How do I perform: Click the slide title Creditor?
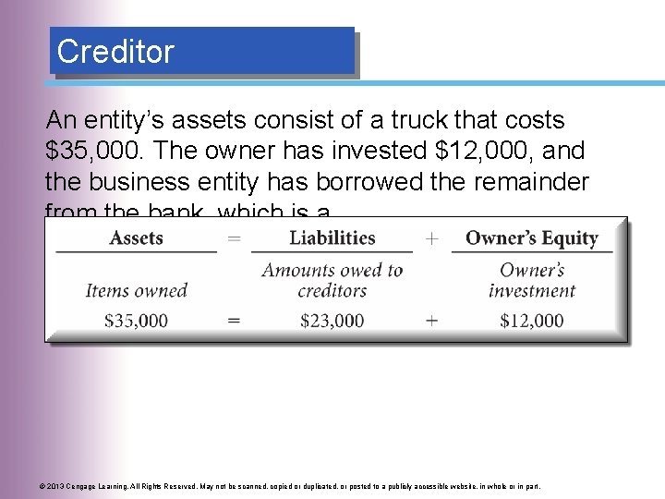115,52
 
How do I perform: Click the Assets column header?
136,238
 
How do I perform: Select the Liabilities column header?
332,238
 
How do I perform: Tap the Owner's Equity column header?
531,238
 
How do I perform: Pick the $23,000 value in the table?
332,321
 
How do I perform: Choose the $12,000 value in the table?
531,321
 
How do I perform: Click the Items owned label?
136,290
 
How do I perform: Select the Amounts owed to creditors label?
332,280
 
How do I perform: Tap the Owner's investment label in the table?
531,280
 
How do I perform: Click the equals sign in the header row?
234,238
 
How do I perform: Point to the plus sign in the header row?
431,238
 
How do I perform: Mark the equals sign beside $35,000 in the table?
234,321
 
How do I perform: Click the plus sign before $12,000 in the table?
431,321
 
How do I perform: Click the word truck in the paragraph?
387,120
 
